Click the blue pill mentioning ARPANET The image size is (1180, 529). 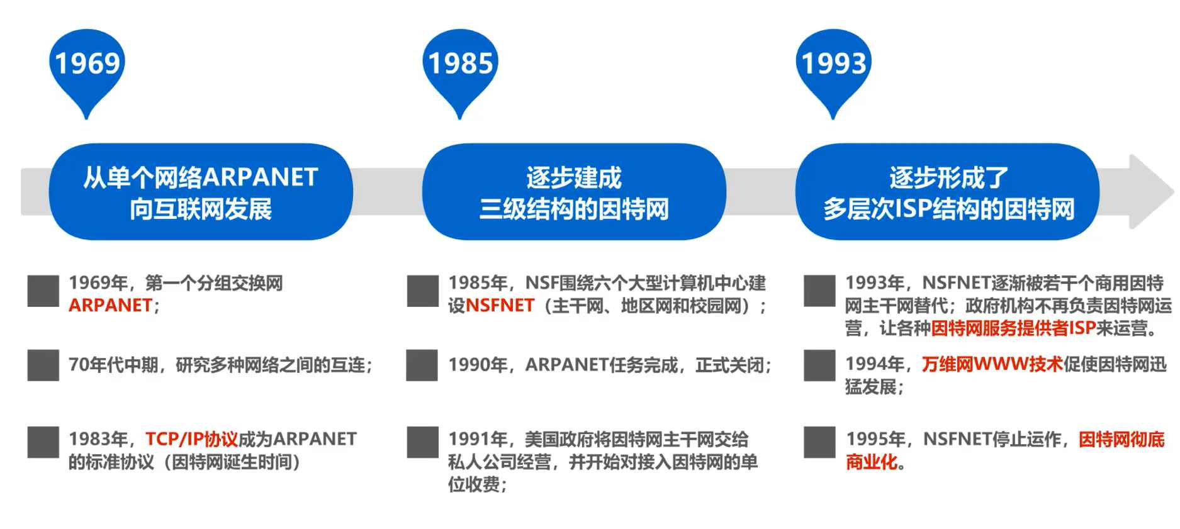(201, 192)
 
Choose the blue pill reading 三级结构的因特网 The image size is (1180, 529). (573, 192)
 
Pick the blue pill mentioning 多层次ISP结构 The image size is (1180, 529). (948, 192)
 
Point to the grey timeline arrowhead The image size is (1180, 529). (1150, 191)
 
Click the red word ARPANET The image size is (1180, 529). (110, 306)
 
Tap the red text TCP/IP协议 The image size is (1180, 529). (191, 438)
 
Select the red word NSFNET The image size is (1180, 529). (500, 306)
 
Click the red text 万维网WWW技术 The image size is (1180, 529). (992, 364)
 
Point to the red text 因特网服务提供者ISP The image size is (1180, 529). (1013, 328)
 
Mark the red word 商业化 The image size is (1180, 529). (872, 462)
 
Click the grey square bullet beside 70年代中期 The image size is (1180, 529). (43, 365)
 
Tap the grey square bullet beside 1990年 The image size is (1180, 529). (422, 365)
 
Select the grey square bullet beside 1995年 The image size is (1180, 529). (819, 442)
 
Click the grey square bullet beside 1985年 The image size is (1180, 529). (422, 291)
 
